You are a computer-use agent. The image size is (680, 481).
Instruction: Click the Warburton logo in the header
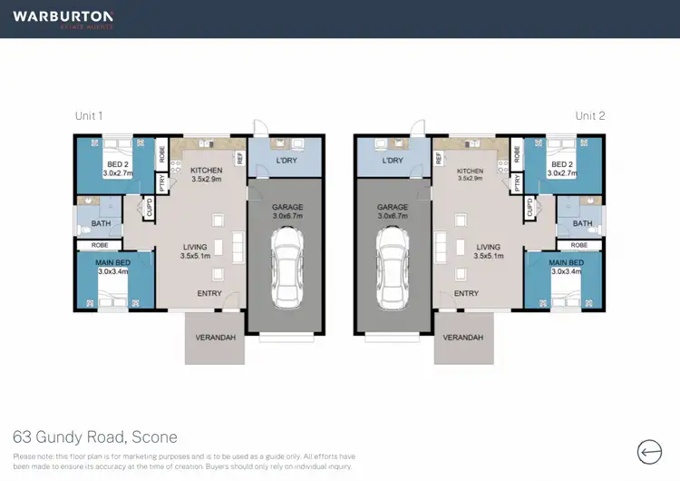[63, 19]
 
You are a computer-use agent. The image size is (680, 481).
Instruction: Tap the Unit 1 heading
[89, 116]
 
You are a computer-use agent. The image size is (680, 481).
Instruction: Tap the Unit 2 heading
[590, 116]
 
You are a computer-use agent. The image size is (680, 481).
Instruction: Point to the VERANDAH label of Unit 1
[215, 338]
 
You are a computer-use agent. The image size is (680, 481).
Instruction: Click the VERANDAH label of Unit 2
[463, 338]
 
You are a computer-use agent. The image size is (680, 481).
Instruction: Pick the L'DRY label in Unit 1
[287, 161]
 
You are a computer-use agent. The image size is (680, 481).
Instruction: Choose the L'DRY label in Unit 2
[393, 161]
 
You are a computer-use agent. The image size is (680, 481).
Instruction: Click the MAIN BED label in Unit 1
[113, 264]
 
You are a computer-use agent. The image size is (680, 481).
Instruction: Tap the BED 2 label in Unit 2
[562, 163]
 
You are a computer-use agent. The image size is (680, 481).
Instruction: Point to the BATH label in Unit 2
[582, 223]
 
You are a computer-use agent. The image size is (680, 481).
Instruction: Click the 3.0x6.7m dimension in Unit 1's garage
[287, 217]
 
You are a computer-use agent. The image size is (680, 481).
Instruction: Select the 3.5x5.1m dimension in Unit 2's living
[488, 256]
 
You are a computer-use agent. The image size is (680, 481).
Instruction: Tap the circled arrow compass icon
[650, 451]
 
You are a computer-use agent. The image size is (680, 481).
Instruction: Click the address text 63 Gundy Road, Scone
[95, 437]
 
